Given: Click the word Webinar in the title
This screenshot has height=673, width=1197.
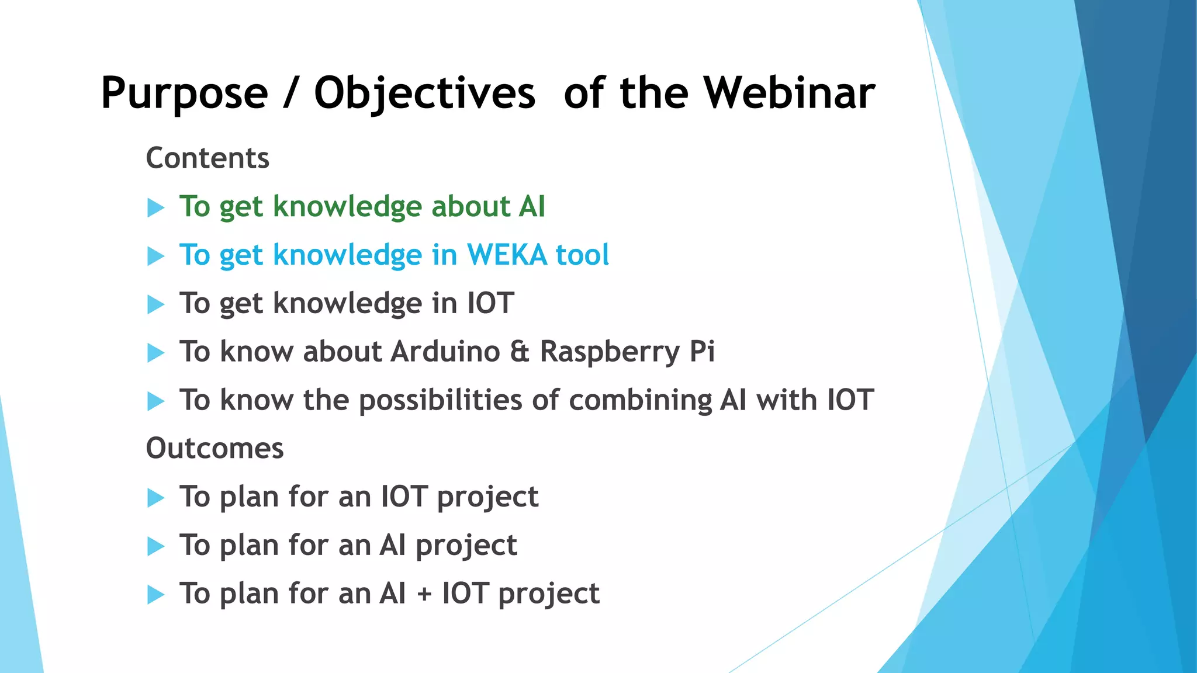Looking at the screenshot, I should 788,93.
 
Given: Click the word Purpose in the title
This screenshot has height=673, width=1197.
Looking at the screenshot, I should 184,93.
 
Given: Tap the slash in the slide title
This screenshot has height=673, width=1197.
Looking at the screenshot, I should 290,93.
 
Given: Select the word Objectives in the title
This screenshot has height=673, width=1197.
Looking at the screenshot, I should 424,93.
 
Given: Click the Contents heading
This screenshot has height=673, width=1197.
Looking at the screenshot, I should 207,158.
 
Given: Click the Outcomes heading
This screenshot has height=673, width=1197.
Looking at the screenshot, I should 215,449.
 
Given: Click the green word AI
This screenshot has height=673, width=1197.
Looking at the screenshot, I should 531,207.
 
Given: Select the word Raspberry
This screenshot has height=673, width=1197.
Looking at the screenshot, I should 610,352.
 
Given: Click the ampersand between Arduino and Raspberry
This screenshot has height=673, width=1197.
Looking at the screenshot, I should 520,352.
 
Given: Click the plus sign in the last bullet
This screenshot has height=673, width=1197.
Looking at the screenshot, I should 424,595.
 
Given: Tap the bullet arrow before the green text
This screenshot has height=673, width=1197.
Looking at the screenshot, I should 155,207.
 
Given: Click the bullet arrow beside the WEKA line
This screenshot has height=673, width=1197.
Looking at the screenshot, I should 155,256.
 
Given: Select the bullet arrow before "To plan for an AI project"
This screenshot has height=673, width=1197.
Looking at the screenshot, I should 155,546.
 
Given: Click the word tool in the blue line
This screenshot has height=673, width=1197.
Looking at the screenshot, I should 582,255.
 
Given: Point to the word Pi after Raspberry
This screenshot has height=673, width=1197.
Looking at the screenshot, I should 702,352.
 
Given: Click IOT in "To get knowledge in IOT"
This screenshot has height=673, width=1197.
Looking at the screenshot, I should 490,303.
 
